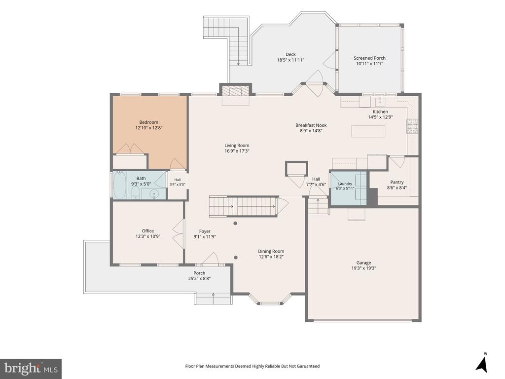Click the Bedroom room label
[x=148, y=122]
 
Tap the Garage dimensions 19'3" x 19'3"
[x=363, y=268]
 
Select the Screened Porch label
[x=369, y=58]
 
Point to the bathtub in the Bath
[x=120, y=185]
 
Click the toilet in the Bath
[x=136, y=193]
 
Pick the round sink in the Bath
[x=154, y=194]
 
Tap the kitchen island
[x=368, y=131]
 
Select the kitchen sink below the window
[x=380, y=102]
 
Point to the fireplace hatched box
[x=236, y=91]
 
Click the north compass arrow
[x=482, y=364]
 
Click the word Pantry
[x=397, y=182]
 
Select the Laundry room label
[x=345, y=184]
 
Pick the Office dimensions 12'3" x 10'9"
[x=148, y=236]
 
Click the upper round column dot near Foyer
[x=235, y=224]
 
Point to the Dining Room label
[x=271, y=251]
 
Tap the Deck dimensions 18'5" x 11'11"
[x=290, y=60]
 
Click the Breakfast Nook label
[x=311, y=125]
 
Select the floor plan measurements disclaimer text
[x=252, y=366]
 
